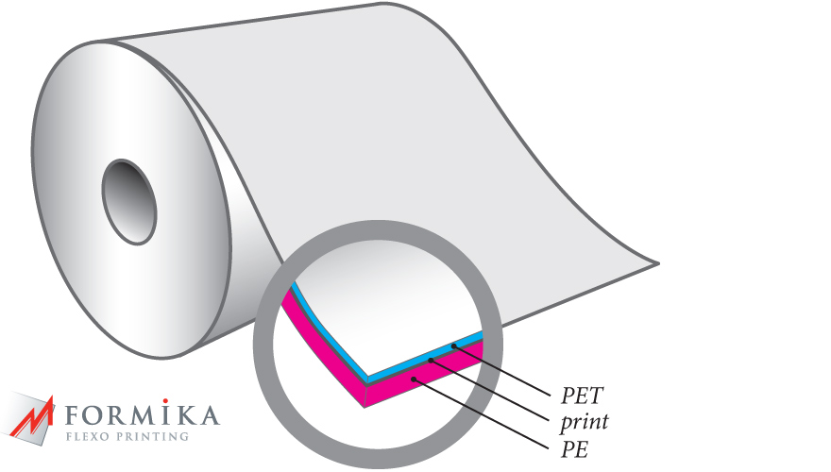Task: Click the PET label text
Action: pyautogui.click(x=582, y=396)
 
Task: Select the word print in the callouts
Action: pyautogui.click(x=585, y=422)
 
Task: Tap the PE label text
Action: pyautogui.click(x=574, y=449)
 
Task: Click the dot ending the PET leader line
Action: pyautogui.click(x=453, y=346)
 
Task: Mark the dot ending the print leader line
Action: pyautogui.click(x=431, y=361)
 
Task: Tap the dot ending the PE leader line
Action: pyautogui.click(x=414, y=379)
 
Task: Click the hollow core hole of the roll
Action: pyautogui.click(x=128, y=201)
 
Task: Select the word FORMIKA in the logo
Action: pyautogui.click(x=142, y=415)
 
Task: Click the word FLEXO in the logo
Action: pyautogui.click(x=88, y=437)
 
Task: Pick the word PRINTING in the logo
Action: pyautogui.click(x=152, y=437)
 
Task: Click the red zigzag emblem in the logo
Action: pyautogui.click(x=33, y=419)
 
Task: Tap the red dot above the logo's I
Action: pyautogui.click(x=166, y=401)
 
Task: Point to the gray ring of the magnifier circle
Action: pyautogui.click(x=263, y=344)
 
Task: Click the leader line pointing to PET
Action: pyautogui.click(x=501, y=371)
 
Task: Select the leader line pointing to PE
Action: pyautogui.click(x=482, y=414)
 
